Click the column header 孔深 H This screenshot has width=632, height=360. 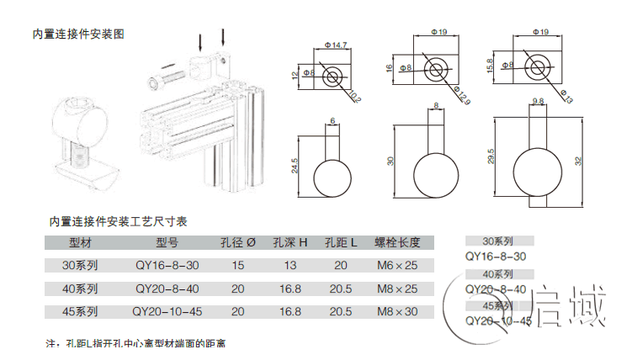[289, 243]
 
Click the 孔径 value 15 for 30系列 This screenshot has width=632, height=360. [237, 266]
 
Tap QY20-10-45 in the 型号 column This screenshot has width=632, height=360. [167, 311]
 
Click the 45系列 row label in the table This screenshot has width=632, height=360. [82, 311]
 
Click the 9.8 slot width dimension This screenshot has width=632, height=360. [538, 102]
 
